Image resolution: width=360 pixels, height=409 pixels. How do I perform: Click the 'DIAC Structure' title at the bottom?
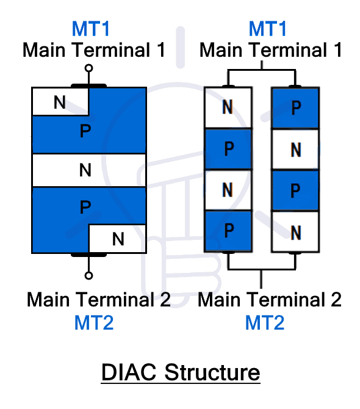(x=180, y=372)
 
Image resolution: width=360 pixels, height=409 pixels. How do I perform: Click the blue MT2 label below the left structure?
(x=94, y=322)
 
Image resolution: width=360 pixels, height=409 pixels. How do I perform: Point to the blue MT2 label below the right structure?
(x=265, y=322)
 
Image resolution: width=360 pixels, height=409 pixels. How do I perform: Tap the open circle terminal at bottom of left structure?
(x=88, y=276)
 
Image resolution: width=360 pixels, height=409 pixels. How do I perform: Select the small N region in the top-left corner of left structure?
(x=60, y=101)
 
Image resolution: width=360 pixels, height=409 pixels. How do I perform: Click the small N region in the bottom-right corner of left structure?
(x=118, y=239)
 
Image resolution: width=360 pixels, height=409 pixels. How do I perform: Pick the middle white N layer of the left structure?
(x=88, y=170)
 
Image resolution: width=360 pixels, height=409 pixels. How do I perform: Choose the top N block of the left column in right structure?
(x=228, y=108)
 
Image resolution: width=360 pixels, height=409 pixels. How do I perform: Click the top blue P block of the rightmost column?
(x=295, y=108)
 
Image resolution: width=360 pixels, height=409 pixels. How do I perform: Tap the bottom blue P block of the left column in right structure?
(x=228, y=231)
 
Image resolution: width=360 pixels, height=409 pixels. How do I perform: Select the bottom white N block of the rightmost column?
(x=295, y=231)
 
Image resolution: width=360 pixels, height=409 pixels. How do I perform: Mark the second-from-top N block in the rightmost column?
(x=295, y=149)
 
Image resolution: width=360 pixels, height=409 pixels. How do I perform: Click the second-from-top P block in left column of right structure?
(x=228, y=149)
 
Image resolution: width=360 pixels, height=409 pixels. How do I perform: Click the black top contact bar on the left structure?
(x=89, y=86)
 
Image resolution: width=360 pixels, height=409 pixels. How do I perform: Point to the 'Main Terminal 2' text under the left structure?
(x=98, y=300)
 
